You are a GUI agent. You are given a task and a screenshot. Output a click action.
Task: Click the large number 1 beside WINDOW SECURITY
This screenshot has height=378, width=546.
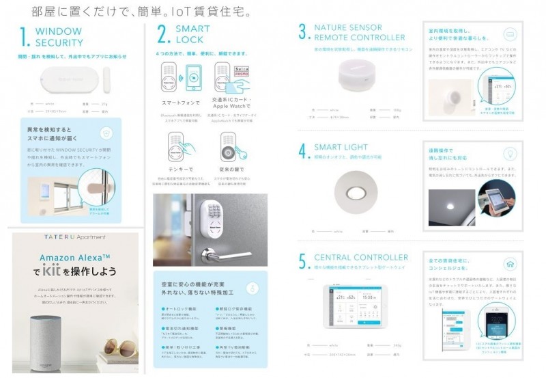(x=25, y=37)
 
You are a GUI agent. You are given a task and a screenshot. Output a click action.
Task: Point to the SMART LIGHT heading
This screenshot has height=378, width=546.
(x=341, y=147)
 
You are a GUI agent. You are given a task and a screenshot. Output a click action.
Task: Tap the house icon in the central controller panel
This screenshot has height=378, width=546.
(x=508, y=265)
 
